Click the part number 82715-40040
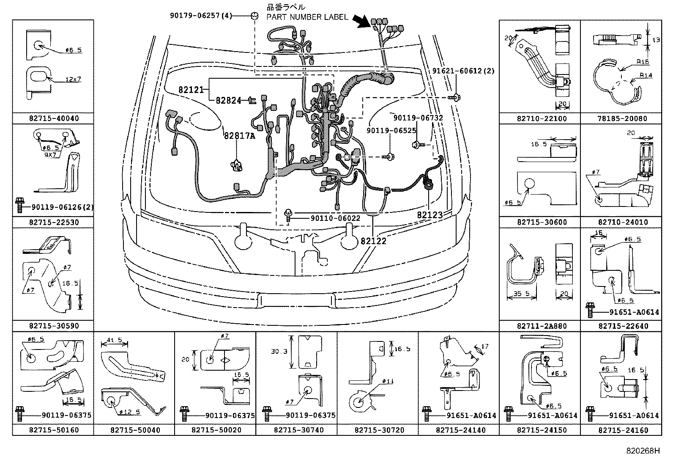[54, 118]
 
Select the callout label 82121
[191, 90]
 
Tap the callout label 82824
[229, 101]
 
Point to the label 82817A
[240, 136]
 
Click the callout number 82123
[430, 215]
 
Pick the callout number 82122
[374, 241]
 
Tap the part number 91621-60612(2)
[463, 71]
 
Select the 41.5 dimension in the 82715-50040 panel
[115, 340]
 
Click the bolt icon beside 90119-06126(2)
[19, 207]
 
